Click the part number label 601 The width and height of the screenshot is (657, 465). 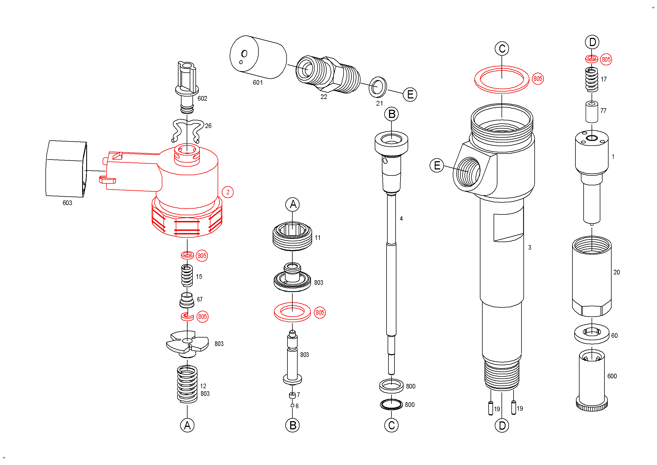(x=258, y=83)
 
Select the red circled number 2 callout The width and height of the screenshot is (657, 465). (x=228, y=192)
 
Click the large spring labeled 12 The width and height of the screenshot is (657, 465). (x=187, y=384)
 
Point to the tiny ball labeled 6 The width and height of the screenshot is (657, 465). (x=292, y=406)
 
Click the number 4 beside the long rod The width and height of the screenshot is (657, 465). (x=401, y=219)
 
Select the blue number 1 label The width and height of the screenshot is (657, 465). (x=613, y=157)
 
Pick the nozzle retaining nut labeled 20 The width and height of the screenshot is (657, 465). (x=592, y=276)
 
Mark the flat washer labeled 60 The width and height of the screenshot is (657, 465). (x=592, y=334)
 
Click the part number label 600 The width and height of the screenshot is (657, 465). (x=612, y=376)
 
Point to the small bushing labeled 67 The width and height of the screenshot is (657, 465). (x=187, y=300)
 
